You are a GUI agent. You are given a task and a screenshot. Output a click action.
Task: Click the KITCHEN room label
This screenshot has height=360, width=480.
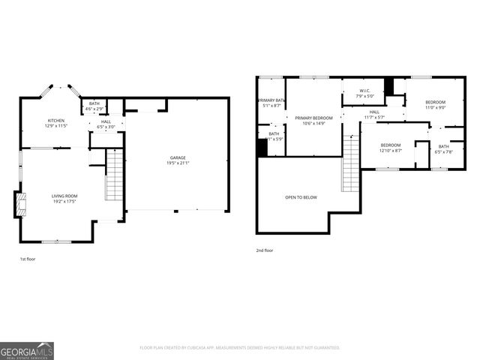click(56, 121)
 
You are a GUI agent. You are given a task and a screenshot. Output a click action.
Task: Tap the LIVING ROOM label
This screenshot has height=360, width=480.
click(64, 196)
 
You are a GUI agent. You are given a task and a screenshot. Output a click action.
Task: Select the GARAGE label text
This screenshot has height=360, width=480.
click(177, 157)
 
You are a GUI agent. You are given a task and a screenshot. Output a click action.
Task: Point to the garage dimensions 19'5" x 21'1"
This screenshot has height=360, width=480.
click(177, 163)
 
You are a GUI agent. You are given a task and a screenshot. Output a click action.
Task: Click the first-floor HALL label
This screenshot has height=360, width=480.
click(106, 121)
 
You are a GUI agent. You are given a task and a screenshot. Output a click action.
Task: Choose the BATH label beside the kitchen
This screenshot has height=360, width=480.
click(94, 103)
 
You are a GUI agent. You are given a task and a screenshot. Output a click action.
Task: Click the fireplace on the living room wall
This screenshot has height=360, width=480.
click(19, 203)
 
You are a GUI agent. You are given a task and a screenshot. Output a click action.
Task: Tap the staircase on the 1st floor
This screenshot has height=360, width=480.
click(113, 175)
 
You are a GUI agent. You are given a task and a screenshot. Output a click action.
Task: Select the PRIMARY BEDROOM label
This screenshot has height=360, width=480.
click(313, 118)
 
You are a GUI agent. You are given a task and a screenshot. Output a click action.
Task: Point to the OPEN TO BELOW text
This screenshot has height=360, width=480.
click(301, 197)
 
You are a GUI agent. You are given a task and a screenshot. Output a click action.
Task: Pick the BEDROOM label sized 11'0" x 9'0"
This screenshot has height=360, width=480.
click(436, 102)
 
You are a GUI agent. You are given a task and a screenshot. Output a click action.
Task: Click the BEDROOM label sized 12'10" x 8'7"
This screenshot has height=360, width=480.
click(391, 145)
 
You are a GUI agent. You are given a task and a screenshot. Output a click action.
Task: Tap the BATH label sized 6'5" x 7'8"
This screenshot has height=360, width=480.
click(444, 146)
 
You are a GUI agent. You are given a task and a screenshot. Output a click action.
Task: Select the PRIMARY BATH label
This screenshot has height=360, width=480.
click(271, 100)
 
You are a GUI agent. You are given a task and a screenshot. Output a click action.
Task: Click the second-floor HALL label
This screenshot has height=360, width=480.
click(374, 112)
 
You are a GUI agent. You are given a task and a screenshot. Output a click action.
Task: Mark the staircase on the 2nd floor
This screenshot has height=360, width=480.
click(351, 162)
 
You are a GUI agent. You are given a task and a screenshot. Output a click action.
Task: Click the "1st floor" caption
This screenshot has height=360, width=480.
click(27, 259)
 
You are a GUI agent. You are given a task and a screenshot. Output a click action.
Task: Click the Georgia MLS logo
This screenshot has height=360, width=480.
click(27, 350)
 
